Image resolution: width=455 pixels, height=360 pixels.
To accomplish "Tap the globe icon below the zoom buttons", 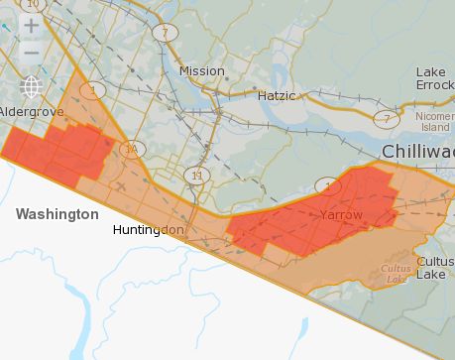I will pyautogui.click(x=32, y=87).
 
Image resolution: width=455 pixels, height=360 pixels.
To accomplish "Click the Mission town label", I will pyautogui.click(x=202, y=71).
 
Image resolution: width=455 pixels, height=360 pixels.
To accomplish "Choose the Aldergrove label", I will pyautogui.click(x=31, y=112).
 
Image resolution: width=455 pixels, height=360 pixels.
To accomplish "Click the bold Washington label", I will pyautogui.click(x=57, y=214).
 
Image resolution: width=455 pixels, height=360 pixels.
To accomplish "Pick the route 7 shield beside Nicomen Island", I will pyautogui.click(x=384, y=118).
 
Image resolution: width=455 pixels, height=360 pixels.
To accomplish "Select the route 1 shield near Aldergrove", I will pyautogui.click(x=95, y=90).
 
